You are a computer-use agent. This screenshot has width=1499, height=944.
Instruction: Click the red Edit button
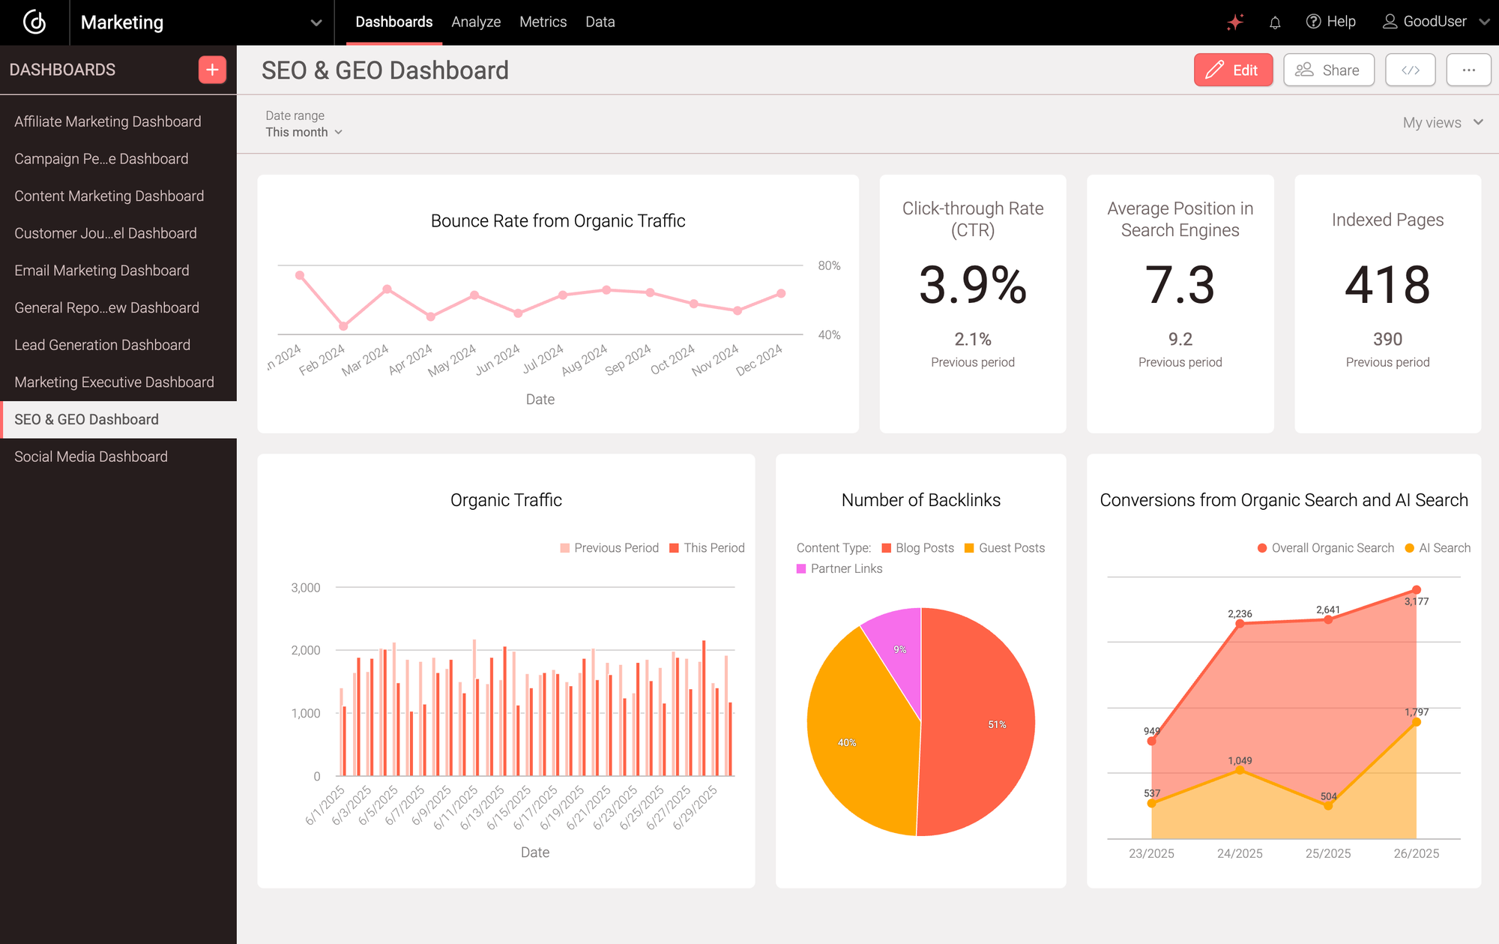[1233, 70]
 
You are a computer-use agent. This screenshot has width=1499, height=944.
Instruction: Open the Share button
[1328, 70]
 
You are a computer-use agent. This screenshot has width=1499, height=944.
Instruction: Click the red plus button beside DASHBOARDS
[212, 70]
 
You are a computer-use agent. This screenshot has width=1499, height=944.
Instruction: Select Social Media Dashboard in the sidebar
[91, 457]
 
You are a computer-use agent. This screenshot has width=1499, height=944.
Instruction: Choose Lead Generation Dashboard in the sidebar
[102, 345]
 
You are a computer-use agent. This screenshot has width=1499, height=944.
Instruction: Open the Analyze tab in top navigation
[476, 22]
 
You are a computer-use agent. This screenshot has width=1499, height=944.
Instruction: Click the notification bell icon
[1275, 22]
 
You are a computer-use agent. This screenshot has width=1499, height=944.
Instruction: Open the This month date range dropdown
[304, 132]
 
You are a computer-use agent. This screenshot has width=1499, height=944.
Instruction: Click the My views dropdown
[1442, 122]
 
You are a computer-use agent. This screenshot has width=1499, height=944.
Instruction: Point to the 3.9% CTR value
[972, 286]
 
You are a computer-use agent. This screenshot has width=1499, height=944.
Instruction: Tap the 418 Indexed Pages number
[1387, 286]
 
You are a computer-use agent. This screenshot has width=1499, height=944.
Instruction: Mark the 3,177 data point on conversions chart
[1416, 590]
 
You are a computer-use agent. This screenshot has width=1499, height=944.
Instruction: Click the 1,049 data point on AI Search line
[1240, 770]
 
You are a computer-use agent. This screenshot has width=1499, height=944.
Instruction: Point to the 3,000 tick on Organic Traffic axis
[306, 588]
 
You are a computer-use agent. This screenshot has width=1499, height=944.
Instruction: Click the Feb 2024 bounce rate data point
[343, 326]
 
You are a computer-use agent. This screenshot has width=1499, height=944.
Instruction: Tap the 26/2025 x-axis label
[1416, 853]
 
